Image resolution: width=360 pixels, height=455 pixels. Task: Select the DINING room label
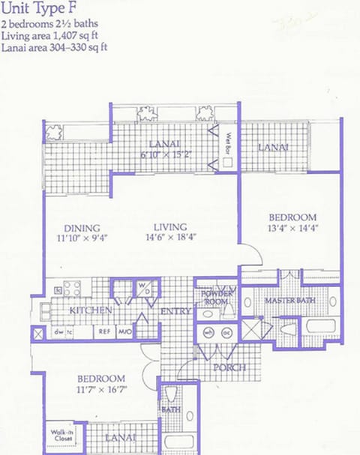point(82,228)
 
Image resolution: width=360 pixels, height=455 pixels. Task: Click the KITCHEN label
point(91,310)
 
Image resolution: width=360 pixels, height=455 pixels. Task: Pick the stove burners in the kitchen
point(72,288)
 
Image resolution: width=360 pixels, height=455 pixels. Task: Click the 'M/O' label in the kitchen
point(124,331)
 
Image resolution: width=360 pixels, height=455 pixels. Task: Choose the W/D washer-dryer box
point(145,287)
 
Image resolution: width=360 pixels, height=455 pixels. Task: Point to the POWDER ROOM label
point(217,297)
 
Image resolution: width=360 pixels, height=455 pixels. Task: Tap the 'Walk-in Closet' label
point(62,435)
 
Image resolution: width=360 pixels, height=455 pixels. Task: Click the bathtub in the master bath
point(322,328)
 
